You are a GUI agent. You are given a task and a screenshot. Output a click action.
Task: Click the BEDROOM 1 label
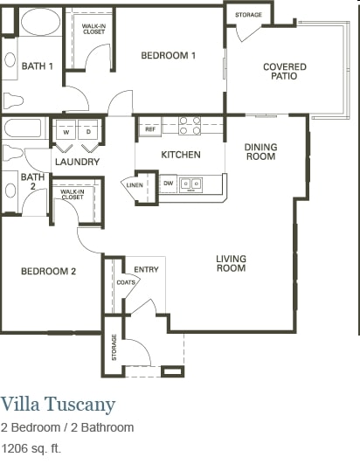tap(169, 56)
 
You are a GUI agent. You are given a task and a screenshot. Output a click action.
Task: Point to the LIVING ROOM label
tap(232, 263)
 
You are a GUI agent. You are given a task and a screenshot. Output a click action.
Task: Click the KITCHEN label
tap(181, 155)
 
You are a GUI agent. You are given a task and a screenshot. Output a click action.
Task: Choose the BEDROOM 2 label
tap(49, 272)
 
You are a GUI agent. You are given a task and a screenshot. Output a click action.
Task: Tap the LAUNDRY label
tap(76, 162)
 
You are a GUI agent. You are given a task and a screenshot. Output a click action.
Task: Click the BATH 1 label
tap(38, 66)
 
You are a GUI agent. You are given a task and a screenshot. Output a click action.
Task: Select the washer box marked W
tap(66, 131)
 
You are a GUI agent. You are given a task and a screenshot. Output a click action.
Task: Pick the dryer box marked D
tap(88, 131)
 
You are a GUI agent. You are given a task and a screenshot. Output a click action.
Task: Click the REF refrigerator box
tap(150, 129)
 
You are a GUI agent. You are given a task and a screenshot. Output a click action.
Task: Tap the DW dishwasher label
tap(168, 184)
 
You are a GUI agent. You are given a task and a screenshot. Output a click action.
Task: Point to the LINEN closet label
tap(134, 185)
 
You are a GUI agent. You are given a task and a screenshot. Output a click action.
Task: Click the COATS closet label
tap(127, 282)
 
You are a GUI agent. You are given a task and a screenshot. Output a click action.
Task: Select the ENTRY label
tap(146, 269)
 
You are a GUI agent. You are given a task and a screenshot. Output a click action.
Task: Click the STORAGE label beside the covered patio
tap(248, 15)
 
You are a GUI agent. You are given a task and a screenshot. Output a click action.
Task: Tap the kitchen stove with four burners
tap(190, 126)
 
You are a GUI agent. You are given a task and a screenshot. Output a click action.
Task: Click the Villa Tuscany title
tap(58, 404)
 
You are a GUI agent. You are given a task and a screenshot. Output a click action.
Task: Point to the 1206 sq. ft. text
tap(31, 449)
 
